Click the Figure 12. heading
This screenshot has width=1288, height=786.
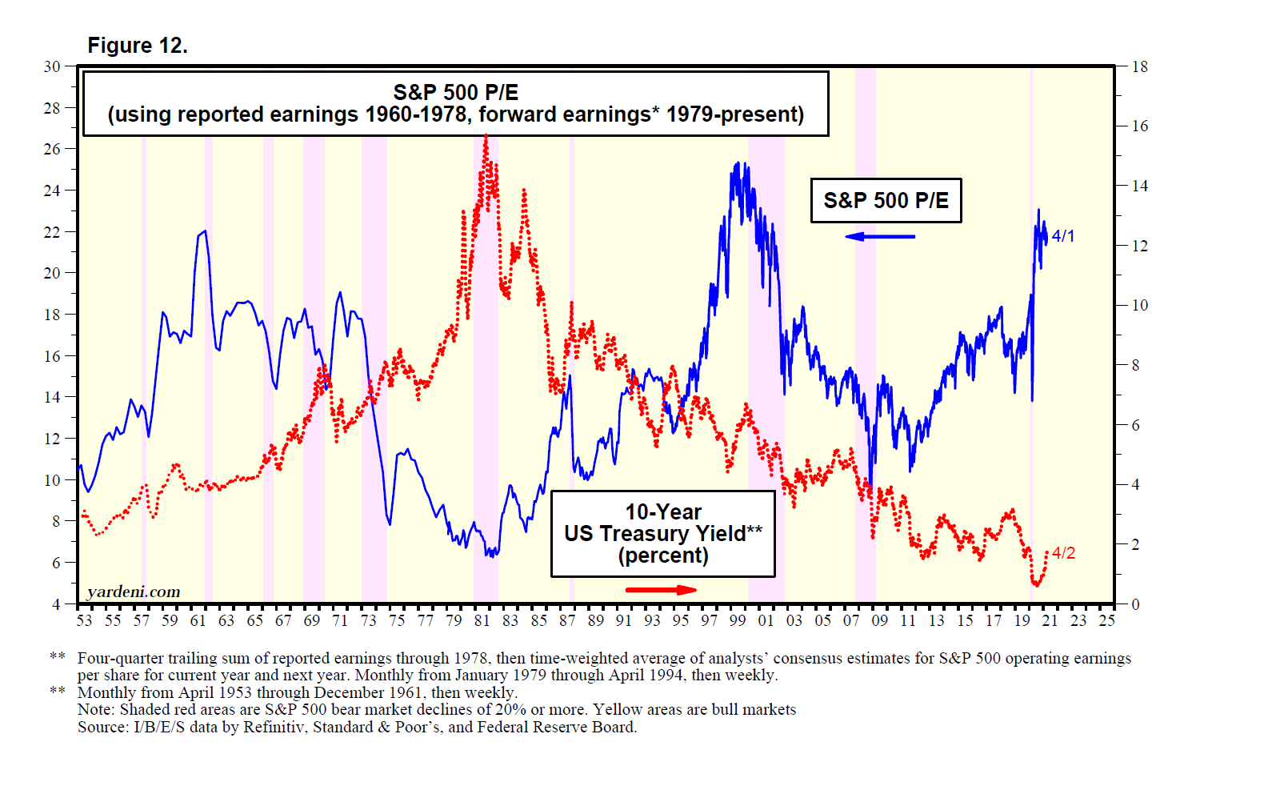(x=138, y=46)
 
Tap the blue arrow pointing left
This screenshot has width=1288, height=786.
(x=879, y=236)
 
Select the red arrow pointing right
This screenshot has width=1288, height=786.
(x=661, y=590)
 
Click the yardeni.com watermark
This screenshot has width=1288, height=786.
(x=134, y=592)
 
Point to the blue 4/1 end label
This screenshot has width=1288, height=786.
(x=1063, y=236)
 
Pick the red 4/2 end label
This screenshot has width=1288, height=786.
(x=1063, y=553)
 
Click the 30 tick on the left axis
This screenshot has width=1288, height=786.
(x=52, y=66)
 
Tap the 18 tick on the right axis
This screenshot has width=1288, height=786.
(x=1140, y=66)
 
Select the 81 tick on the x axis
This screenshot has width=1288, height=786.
(x=482, y=620)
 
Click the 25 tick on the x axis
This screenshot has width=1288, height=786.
(x=1106, y=620)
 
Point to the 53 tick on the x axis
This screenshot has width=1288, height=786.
(x=84, y=620)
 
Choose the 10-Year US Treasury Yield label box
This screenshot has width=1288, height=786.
(x=663, y=534)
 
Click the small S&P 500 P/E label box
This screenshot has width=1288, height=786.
(x=886, y=200)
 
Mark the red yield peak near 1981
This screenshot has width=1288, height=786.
(x=486, y=136)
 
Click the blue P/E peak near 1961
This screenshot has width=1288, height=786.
(x=205, y=231)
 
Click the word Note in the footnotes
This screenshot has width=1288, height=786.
(x=93, y=709)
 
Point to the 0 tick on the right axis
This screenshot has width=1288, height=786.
(x=1135, y=604)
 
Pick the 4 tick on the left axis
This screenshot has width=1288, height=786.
(x=56, y=604)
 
